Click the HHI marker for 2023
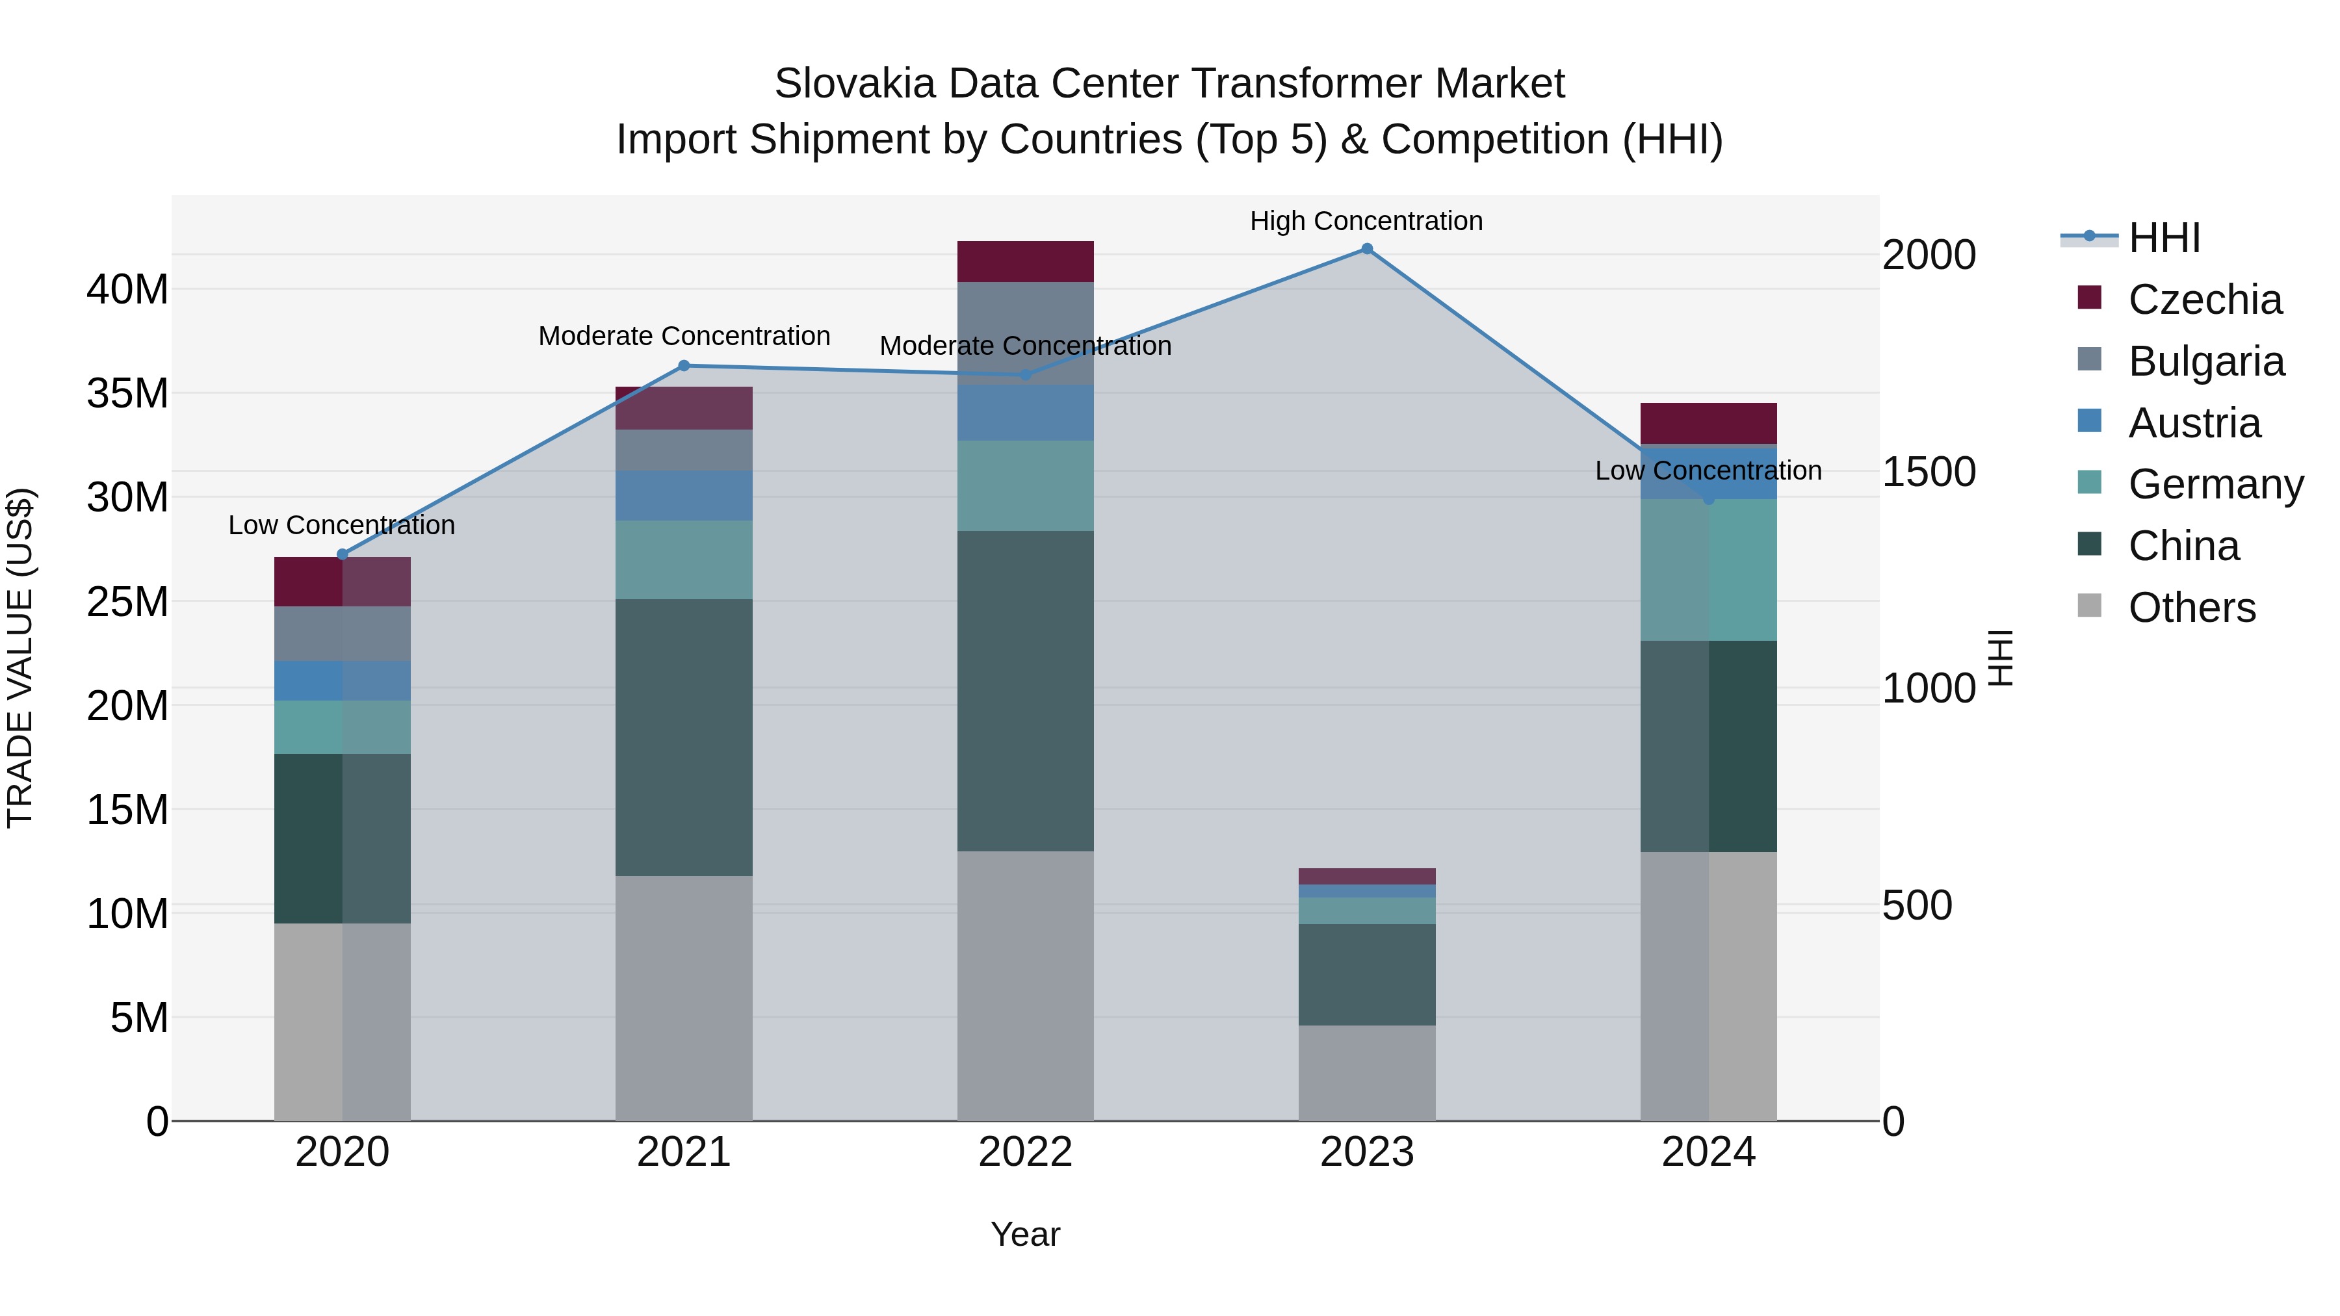(x=1366, y=249)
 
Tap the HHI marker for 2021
(x=684, y=366)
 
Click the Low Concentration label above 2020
(x=341, y=525)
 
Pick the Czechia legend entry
(x=2203, y=300)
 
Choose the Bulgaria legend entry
(x=2205, y=361)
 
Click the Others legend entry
(x=2191, y=608)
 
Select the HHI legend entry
(x=2164, y=238)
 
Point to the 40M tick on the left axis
(x=127, y=290)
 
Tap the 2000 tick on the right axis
(x=1929, y=255)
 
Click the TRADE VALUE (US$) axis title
(x=21, y=658)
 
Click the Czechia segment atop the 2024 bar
(x=1708, y=423)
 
